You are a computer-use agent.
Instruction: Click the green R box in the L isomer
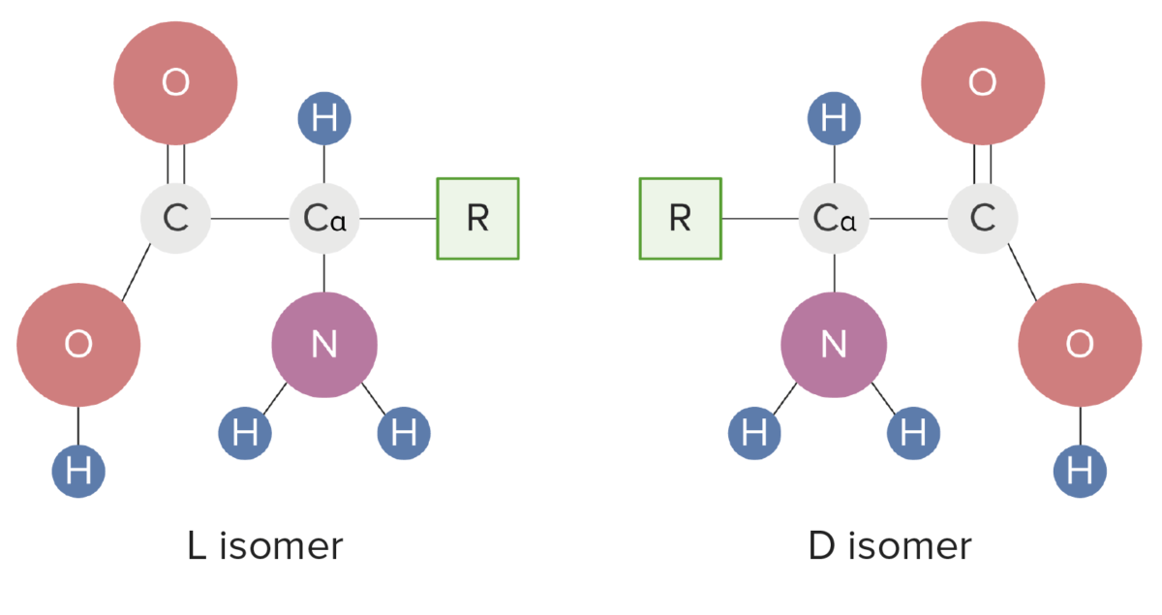(x=477, y=219)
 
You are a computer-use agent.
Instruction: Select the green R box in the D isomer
(x=680, y=219)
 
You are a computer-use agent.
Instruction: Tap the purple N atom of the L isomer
(x=323, y=344)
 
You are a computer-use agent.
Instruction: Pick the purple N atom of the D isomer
(x=834, y=344)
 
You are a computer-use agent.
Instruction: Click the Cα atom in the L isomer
(x=325, y=219)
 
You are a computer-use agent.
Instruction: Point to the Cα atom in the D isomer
(x=834, y=219)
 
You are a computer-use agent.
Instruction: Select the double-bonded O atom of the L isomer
(x=175, y=83)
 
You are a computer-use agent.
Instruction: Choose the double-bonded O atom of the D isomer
(x=983, y=83)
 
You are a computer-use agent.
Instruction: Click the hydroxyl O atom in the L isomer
(x=78, y=344)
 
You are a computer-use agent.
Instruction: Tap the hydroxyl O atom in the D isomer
(x=1080, y=344)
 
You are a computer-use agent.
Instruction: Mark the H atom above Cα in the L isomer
(x=324, y=120)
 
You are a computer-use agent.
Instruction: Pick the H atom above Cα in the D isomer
(x=834, y=120)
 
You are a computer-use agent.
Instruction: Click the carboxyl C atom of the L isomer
(x=175, y=219)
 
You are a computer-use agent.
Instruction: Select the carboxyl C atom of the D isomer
(x=983, y=219)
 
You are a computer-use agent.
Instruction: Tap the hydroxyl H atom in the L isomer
(x=78, y=472)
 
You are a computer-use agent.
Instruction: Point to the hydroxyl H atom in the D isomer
(x=1080, y=472)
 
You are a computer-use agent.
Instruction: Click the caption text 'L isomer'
(x=264, y=547)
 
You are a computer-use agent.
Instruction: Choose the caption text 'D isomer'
(x=889, y=547)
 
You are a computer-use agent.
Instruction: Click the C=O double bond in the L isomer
(x=175, y=164)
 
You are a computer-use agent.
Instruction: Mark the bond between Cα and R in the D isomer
(x=761, y=219)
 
